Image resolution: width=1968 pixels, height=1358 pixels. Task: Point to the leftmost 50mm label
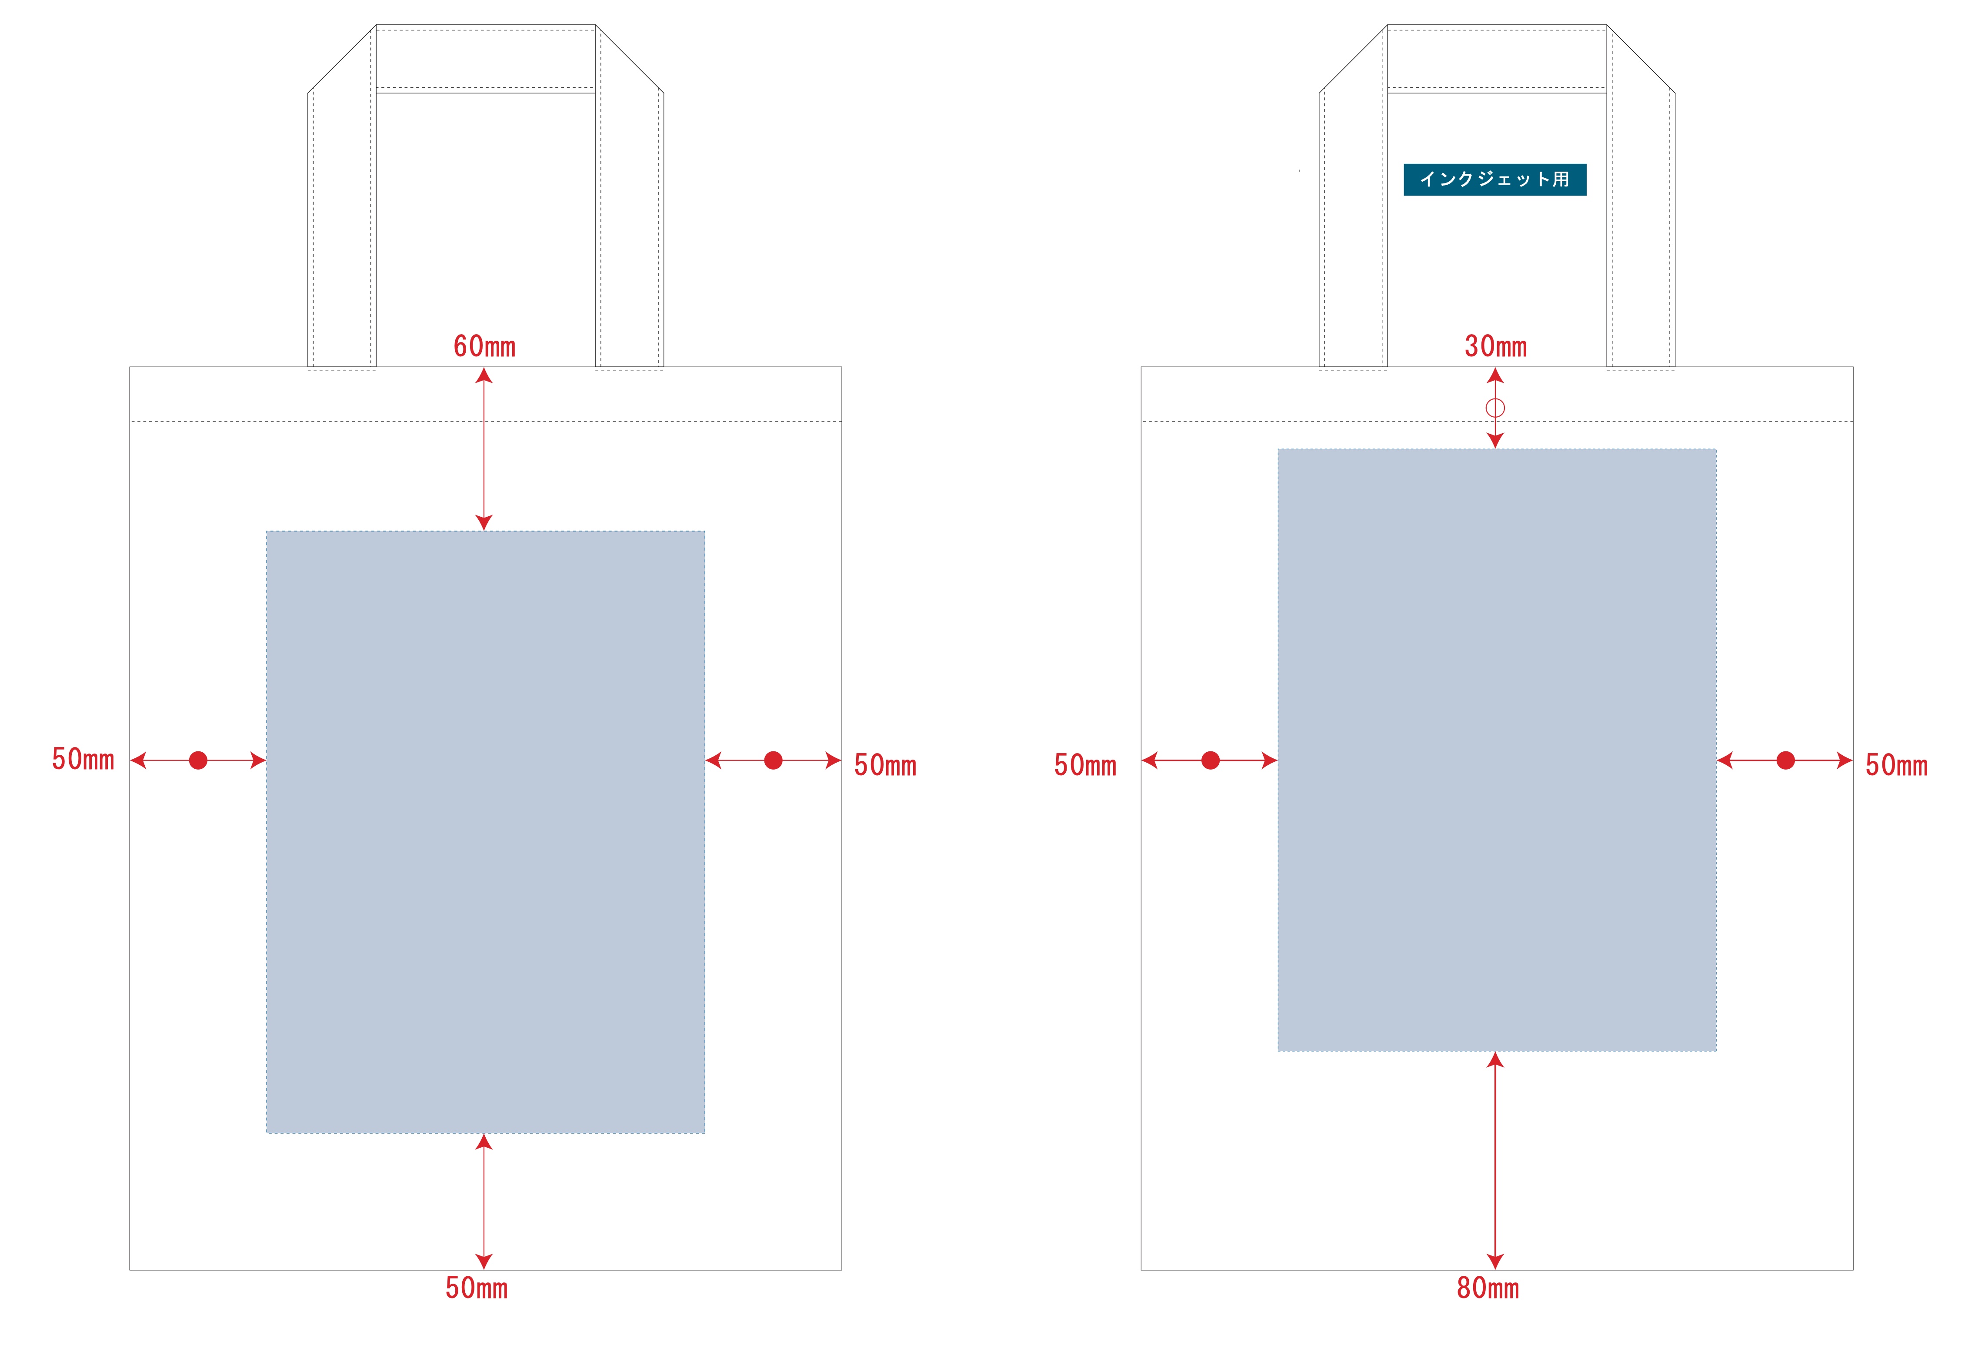tap(83, 759)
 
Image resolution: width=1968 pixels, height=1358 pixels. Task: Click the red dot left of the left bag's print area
tap(198, 760)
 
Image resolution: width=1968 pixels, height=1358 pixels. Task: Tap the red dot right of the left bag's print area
tap(773, 760)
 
